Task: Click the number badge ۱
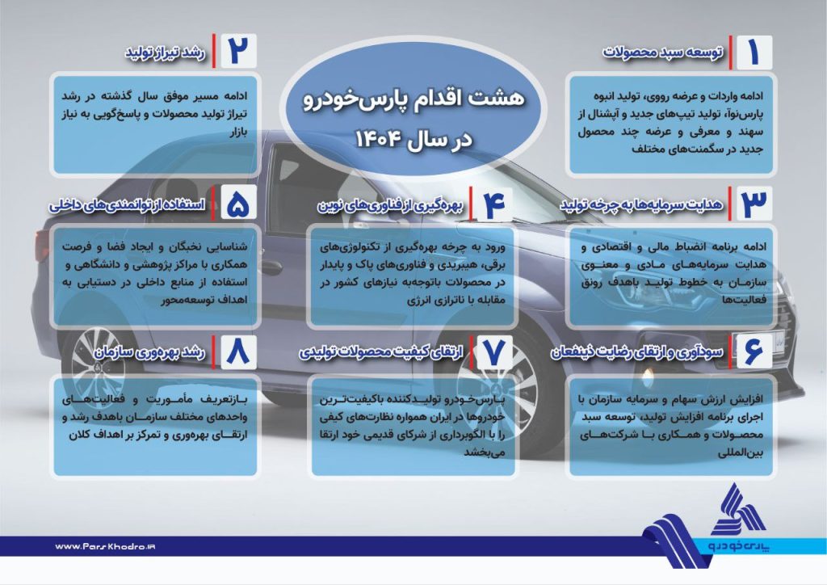pyautogui.click(x=754, y=53)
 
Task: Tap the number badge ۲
pyautogui.click(x=239, y=51)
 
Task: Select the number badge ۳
pyautogui.click(x=754, y=203)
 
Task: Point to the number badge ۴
pyautogui.click(x=495, y=204)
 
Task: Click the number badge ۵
pyautogui.click(x=238, y=203)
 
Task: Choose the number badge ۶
pyautogui.click(x=754, y=351)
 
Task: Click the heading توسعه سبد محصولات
pyautogui.click(x=663, y=53)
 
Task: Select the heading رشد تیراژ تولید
pyautogui.click(x=165, y=53)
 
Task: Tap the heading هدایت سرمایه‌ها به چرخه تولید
pyautogui.click(x=641, y=204)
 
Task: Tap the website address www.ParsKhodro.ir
pyautogui.click(x=105, y=546)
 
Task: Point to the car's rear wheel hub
pyautogui.click(x=99, y=363)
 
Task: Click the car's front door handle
pyautogui.click(x=271, y=267)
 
